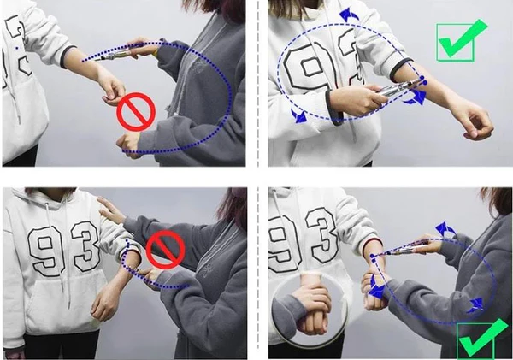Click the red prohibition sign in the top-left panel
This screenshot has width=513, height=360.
[136, 112]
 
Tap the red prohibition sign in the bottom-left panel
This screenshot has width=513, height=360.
[166, 250]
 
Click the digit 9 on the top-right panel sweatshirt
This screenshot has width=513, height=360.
[310, 68]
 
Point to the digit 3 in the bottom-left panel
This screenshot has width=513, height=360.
[85, 245]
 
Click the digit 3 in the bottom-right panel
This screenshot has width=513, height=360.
[322, 236]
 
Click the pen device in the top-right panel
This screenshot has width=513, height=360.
[397, 88]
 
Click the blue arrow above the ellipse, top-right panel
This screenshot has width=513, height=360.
[349, 15]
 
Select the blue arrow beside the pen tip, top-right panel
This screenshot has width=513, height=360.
[416, 97]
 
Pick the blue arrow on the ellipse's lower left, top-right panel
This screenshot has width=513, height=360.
[299, 115]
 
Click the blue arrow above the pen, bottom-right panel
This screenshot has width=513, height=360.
[445, 229]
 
